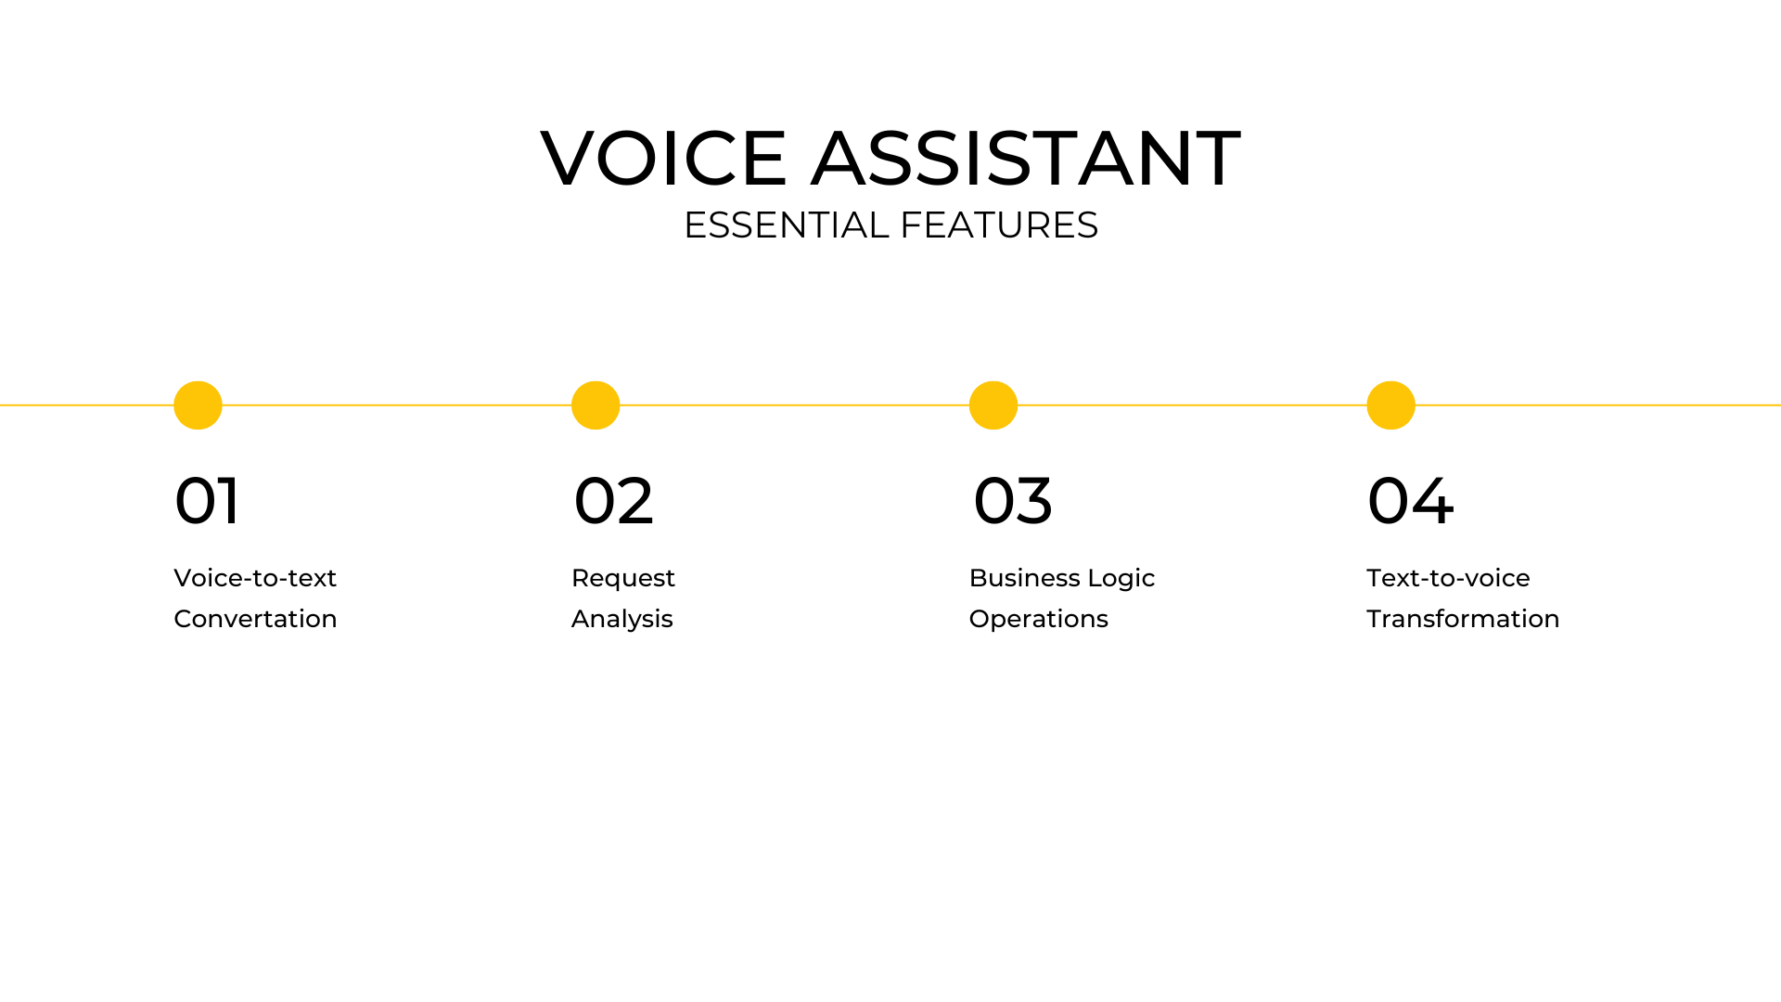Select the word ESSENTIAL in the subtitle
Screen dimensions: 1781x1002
click(787, 225)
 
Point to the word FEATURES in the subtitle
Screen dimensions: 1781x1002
click(999, 225)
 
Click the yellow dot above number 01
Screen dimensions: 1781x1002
click(198, 405)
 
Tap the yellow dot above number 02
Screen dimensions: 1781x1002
click(596, 405)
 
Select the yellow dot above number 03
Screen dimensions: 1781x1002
click(993, 405)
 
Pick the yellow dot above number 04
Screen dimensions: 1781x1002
click(1390, 405)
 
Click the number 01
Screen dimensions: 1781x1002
click(207, 501)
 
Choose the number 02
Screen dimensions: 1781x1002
click(614, 501)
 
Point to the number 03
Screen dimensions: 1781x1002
click(1013, 501)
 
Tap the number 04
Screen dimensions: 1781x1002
click(1411, 501)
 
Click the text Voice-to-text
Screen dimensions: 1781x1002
click(255, 578)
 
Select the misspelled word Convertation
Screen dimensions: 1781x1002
click(255, 619)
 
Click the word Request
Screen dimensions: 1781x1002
click(623, 579)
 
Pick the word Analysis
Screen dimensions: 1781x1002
click(622, 620)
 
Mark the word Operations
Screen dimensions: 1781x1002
click(1039, 620)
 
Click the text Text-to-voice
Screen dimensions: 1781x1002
click(1448, 578)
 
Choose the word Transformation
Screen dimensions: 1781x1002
click(1463, 619)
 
